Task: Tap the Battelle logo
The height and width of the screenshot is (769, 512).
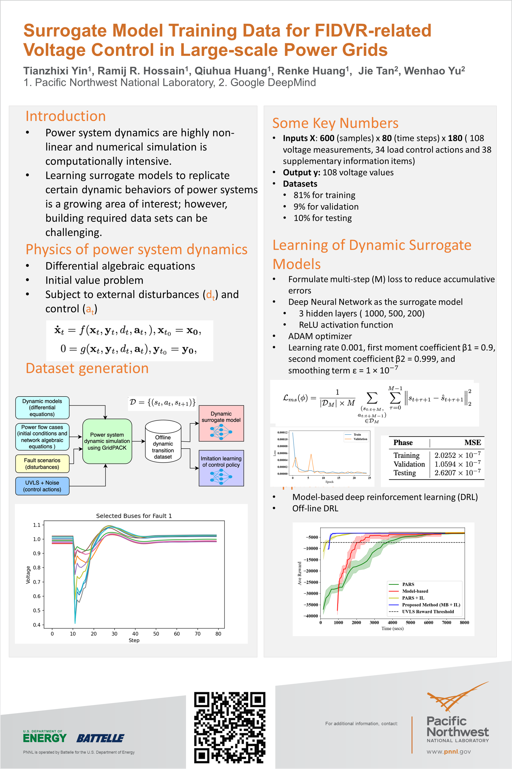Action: pyautogui.click(x=100, y=738)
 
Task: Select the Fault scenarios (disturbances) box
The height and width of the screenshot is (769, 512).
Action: pyautogui.click(x=42, y=464)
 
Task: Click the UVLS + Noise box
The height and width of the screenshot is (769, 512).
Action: pyautogui.click(x=42, y=486)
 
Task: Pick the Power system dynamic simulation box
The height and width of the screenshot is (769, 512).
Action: pyautogui.click(x=107, y=441)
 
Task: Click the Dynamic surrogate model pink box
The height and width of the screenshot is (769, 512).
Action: pyautogui.click(x=221, y=423)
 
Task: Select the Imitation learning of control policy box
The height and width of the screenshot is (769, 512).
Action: pyautogui.click(x=221, y=468)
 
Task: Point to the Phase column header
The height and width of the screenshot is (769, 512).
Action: pyautogui.click(x=403, y=443)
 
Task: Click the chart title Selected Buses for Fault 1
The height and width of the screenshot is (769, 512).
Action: pyautogui.click(x=134, y=516)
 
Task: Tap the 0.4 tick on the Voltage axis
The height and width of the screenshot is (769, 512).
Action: pyautogui.click(x=37, y=625)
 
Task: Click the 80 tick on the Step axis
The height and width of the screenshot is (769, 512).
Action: pyautogui.click(x=218, y=634)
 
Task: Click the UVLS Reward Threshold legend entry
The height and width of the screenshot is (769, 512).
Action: pyautogui.click(x=428, y=611)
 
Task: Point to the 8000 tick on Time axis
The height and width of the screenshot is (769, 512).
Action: pyautogui.click(x=464, y=622)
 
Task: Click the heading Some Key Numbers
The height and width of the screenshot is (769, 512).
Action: pyautogui.click(x=335, y=123)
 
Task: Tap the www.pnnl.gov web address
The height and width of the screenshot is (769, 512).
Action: pyautogui.click(x=449, y=752)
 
